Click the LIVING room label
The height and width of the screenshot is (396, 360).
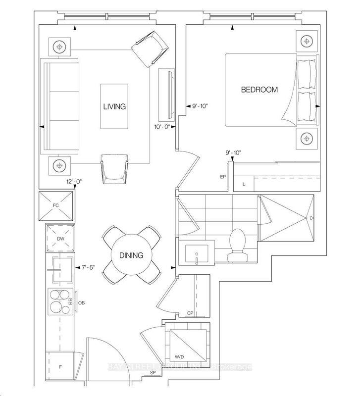[x=114, y=106]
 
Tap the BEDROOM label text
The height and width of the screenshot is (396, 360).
[x=259, y=90]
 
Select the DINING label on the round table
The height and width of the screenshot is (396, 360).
[x=131, y=255]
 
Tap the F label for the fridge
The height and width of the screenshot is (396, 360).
[x=60, y=367]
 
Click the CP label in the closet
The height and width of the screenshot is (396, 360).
[x=190, y=313]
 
